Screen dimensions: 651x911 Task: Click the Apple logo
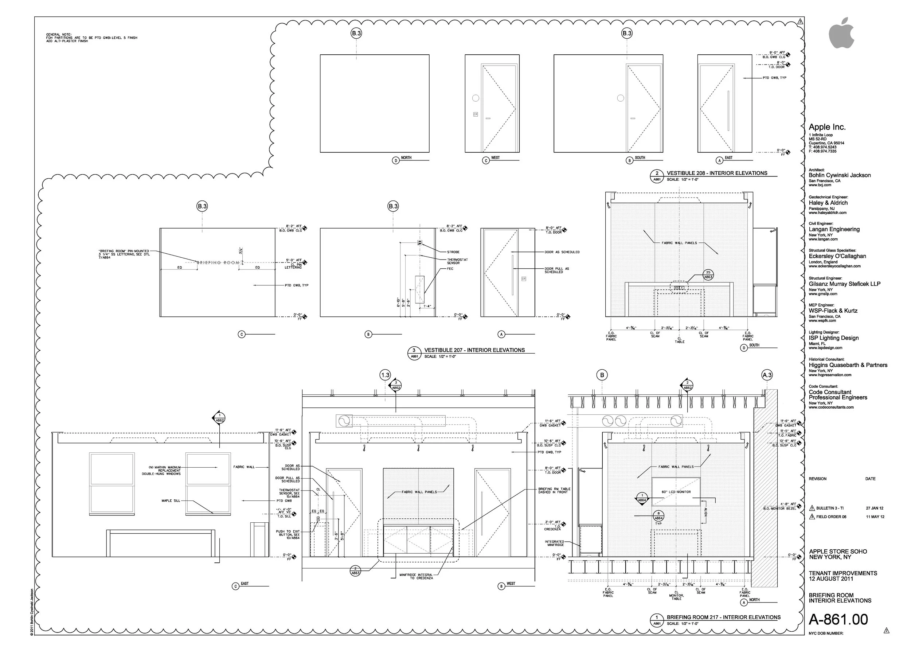coord(841,34)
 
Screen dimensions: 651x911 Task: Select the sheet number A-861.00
coord(838,619)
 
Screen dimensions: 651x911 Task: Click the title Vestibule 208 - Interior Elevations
coord(717,173)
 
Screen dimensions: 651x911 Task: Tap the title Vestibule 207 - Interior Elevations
coord(474,350)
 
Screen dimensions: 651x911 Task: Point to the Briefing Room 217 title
coord(723,617)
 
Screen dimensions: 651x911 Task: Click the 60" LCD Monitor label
coord(676,492)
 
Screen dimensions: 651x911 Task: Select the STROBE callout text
coord(453,252)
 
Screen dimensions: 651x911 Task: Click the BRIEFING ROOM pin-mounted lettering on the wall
coord(218,262)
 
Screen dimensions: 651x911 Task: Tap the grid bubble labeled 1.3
coord(385,375)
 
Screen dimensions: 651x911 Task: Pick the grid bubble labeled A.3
coord(766,375)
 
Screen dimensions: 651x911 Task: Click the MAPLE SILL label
coord(171,501)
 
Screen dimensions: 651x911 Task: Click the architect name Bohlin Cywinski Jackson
coord(839,175)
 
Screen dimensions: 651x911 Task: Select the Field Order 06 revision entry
coord(831,517)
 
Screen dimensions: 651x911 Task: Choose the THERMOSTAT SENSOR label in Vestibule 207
coord(457,261)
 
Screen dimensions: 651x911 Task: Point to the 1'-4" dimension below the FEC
coord(427,306)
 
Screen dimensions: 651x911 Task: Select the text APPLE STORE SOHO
coord(838,551)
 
